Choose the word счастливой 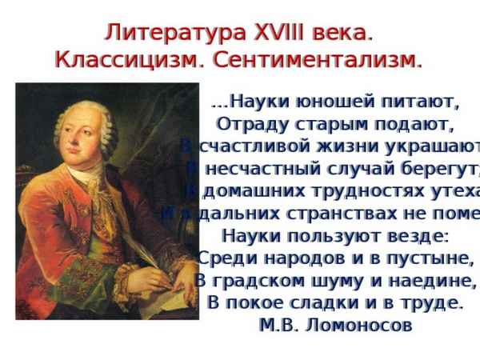(250, 147)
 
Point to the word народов (286, 259)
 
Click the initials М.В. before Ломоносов (278, 326)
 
